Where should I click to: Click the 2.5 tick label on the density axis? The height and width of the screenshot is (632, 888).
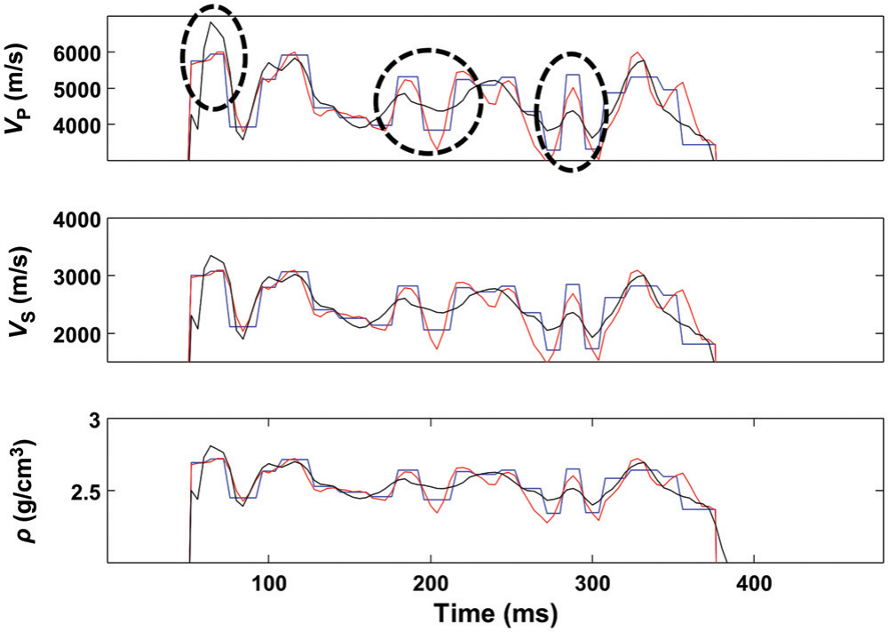point(83,492)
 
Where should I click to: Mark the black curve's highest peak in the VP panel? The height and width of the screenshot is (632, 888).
point(211,21)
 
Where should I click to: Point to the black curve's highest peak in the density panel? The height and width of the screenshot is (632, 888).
point(211,446)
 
